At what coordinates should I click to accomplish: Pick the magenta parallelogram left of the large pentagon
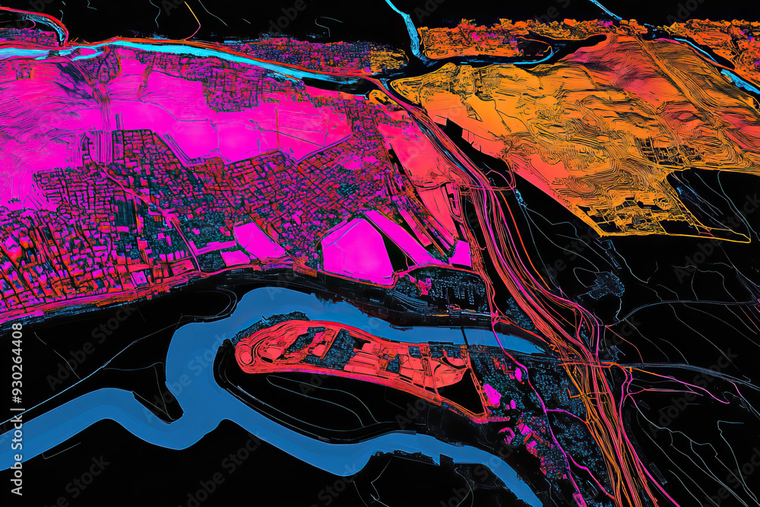(x=258, y=242)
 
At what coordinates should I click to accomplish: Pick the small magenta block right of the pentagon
(x=460, y=253)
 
